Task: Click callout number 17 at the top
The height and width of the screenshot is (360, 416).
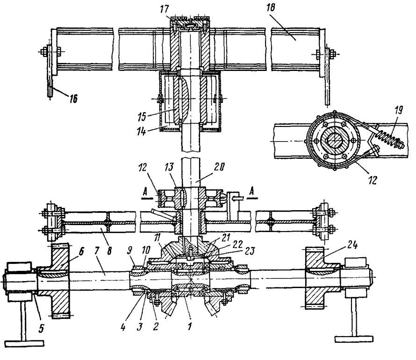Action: (x=164, y=9)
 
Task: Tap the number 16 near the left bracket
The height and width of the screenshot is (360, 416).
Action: (x=73, y=99)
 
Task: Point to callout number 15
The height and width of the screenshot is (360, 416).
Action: (x=142, y=117)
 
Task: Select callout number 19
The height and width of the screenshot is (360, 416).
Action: (x=398, y=110)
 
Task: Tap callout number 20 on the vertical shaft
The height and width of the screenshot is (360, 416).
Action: (x=219, y=167)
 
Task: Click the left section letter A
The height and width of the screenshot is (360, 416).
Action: (x=145, y=192)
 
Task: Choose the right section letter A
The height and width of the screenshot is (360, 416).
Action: (x=252, y=192)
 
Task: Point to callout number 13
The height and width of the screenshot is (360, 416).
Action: (x=169, y=167)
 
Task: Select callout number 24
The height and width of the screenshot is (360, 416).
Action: (x=352, y=246)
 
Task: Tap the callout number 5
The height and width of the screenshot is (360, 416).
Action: (x=41, y=328)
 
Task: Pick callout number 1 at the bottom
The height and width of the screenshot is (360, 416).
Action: (x=189, y=326)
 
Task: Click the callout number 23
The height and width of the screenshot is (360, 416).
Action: (x=250, y=250)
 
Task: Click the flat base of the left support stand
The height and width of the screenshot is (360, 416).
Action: (x=25, y=344)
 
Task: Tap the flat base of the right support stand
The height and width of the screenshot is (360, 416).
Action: (x=354, y=339)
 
